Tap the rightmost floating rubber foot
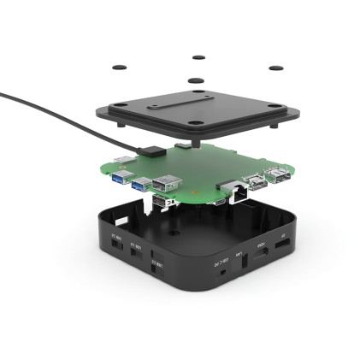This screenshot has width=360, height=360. (x=275, y=68)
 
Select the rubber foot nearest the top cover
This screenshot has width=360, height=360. (x=196, y=82)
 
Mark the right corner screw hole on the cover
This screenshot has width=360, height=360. (x=272, y=107)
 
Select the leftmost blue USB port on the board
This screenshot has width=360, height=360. (x=121, y=176)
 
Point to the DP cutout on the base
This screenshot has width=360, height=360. (x=281, y=244)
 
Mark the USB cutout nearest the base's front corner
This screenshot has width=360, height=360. (x=156, y=268)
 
